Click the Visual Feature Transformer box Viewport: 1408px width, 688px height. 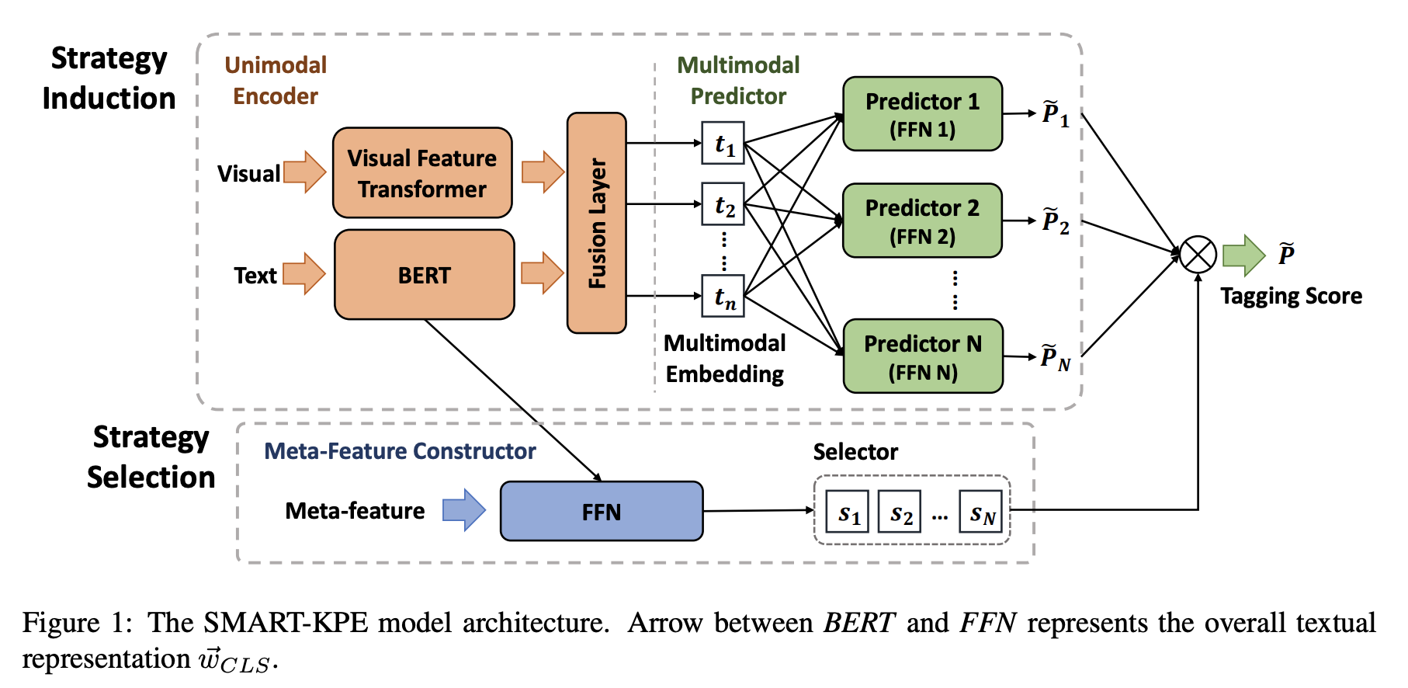click(422, 173)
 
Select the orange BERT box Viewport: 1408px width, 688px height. click(424, 275)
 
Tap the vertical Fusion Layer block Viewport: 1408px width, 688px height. click(597, 223)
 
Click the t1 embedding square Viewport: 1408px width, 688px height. click(723, 143)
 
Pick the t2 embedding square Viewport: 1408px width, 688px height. click(723, 204)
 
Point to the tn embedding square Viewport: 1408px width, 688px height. click(723, 296)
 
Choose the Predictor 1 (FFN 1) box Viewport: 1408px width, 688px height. click(922, 114)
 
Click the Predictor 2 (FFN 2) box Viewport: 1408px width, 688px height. click(922, 221)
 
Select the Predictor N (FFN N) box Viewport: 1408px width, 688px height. click(923, 356)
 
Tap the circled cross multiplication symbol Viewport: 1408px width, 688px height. click(1198, 255)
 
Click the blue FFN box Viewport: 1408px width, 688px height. click(602, 512)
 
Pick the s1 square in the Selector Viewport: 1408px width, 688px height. click(847, 512)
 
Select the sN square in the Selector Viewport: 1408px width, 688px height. click(980, 512)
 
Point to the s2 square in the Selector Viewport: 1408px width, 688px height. click(900, 512)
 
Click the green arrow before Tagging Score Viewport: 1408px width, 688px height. click(1244, 255)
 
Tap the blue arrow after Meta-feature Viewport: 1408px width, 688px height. click(464, 510)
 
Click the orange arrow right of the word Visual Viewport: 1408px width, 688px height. click(305, 172)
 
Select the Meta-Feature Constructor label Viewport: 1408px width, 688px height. click(400, 451)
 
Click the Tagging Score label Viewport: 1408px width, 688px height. click(1291, 296)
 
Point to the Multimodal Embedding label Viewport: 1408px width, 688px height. click(725, 359)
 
